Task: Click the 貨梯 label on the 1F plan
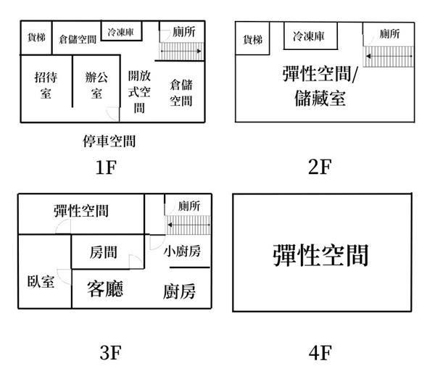[36, 38]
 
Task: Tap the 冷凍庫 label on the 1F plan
[121, 32]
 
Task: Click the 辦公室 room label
[96, 86]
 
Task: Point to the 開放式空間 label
[139, 91]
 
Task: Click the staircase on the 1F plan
[181, 51]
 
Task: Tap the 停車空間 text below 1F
[109, 141]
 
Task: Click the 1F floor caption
[106, 167]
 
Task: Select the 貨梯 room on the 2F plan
[252, 38]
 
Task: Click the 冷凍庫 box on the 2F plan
[311, 36]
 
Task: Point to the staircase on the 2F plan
[389, 57]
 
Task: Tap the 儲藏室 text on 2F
[320, 99]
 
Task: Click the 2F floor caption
[320, 167]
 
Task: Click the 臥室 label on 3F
[41, 282]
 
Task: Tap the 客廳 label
[105, 288]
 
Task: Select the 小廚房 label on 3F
[182, 252]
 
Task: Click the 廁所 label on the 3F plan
[189, 206]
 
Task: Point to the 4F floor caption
[320, 353]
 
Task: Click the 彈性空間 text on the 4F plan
[320, 255]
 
